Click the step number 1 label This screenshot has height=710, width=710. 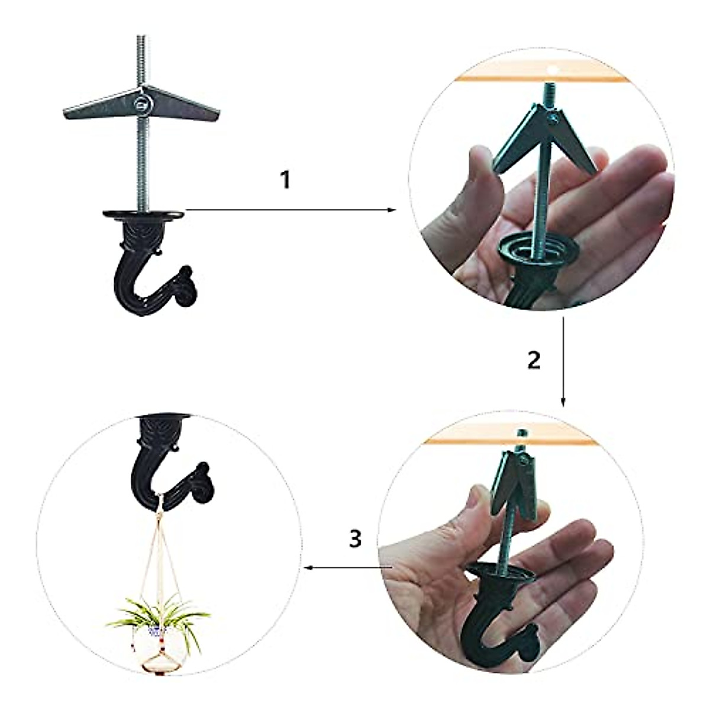pos(285,180)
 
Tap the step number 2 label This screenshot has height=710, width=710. pos(534,360)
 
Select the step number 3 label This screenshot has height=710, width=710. pos(354,538)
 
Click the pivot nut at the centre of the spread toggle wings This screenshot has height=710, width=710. pos(142,106)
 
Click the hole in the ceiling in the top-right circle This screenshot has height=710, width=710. pos(553,69)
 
